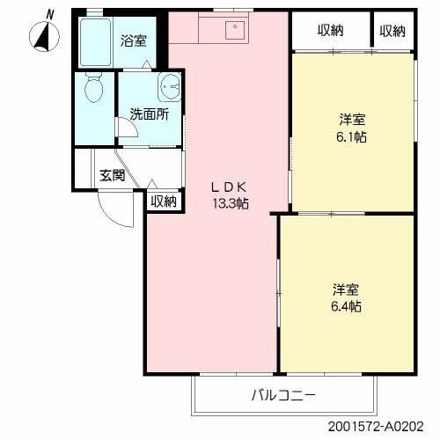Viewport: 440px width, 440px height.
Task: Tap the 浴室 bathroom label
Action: point(135,40)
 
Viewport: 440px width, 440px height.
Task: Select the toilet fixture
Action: point(92,91)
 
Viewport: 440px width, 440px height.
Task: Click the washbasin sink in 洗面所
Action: point(170,88)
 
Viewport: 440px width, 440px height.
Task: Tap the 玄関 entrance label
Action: point(112,175)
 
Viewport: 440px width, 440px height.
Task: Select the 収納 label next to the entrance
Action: point(163,202)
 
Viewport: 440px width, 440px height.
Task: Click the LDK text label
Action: point(231,187)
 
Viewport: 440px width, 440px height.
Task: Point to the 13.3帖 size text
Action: point(230,203)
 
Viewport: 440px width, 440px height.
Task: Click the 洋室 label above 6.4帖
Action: point(346,290)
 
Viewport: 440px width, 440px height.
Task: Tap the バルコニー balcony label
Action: point(282,394)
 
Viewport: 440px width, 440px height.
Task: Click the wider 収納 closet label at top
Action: point(330,31)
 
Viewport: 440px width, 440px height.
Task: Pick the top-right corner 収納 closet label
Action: point(392,31)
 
